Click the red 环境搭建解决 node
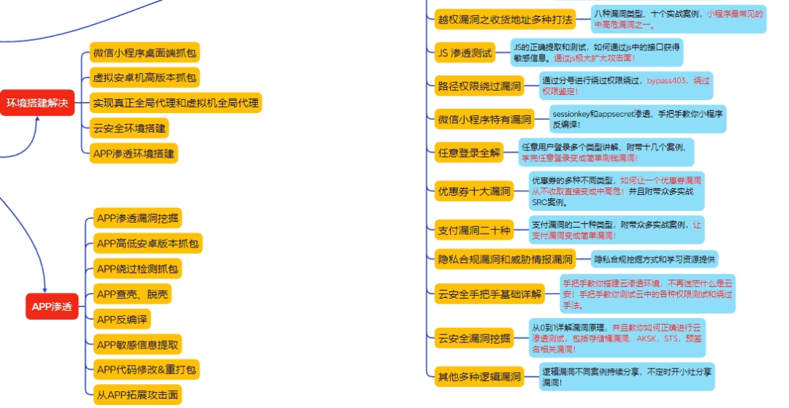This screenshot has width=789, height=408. [x=37, y=103]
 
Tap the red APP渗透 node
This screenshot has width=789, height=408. [x=51, y=307]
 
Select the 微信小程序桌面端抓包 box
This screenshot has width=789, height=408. [x=145, y=53]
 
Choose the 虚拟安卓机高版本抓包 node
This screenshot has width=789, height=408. [x=145, y=77]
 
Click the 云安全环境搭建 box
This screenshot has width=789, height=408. [x=129, y=128]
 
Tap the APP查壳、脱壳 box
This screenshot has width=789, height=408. [x=134, y=295]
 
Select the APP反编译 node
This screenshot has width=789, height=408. [x=123, y=320]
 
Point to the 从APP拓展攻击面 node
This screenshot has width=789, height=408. [x=137, y=396]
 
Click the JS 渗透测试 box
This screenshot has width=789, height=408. [x=465, y=53]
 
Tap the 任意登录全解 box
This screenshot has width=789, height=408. [x=470, y=153]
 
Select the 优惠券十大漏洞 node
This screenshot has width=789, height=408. [x=474, y=191]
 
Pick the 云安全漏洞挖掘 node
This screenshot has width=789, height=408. [x=476, y=337]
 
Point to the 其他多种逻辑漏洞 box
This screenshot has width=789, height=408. [x=479, y=377]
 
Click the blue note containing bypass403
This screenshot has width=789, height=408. [x=627, y=86]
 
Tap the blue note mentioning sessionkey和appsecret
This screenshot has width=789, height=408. [x=638, y=119]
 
